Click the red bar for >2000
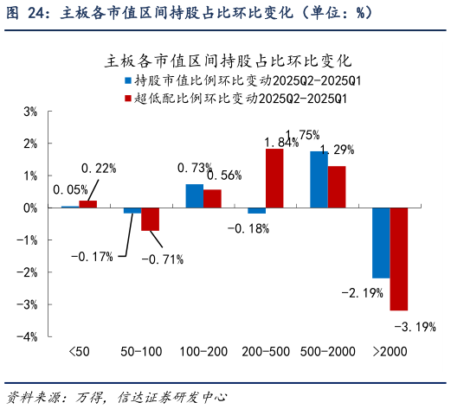pos(399,259)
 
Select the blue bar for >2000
pos(381,243)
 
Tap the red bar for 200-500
pos(274,178)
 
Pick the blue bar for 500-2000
pos(319,180)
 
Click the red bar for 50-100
pos(150,220)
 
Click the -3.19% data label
pos(414,327)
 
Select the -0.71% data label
pos(160,259)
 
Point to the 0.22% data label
pos(99,168)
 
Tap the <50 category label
pos(79,352)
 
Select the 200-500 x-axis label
pos(266,352)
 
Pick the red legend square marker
pos(127,98)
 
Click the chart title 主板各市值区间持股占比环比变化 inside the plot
pos(227,61)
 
